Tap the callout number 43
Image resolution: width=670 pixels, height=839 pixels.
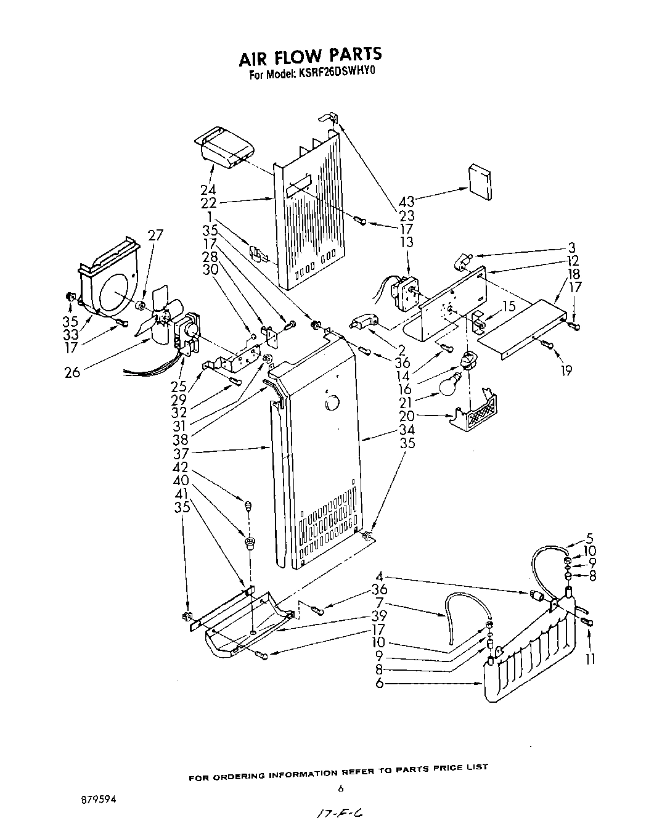406,202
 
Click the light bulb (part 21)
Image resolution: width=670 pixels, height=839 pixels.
449,385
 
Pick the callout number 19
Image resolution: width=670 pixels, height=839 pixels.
566,370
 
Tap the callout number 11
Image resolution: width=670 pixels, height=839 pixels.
590,659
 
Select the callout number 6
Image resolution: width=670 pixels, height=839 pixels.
380,683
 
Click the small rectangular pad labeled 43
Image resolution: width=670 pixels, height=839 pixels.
480,182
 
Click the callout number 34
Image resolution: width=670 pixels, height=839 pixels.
407,429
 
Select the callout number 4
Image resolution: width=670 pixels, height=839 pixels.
380,578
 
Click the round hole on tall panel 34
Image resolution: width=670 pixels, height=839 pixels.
332,404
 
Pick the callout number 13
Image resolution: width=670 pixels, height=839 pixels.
406,242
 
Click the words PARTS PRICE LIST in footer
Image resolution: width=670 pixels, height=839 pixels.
450,767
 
